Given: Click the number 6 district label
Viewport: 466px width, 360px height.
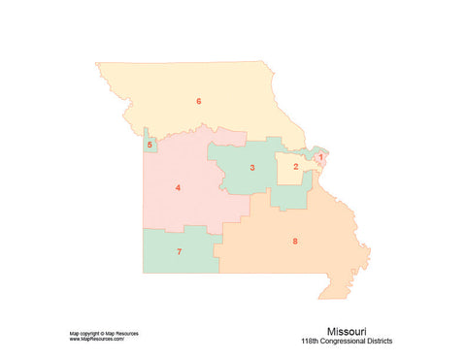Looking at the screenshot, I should pos(198,101).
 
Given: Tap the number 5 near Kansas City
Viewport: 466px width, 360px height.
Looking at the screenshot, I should pos(150,146).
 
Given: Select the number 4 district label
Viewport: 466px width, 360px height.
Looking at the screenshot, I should pos(178,187).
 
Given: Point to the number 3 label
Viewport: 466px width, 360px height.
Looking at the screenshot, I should pos(252,168).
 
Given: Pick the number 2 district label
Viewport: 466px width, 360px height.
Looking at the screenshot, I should pos(295,167).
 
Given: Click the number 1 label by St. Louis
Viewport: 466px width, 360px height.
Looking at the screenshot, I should pos(321,156).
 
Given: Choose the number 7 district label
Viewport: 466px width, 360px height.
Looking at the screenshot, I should pos(179,252).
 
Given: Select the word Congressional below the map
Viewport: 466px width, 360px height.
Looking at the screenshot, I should pos(347,342).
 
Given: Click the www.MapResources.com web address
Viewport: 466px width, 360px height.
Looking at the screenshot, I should pos(96,339).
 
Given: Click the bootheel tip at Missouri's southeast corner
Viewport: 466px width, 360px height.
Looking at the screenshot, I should pos(336,293).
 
